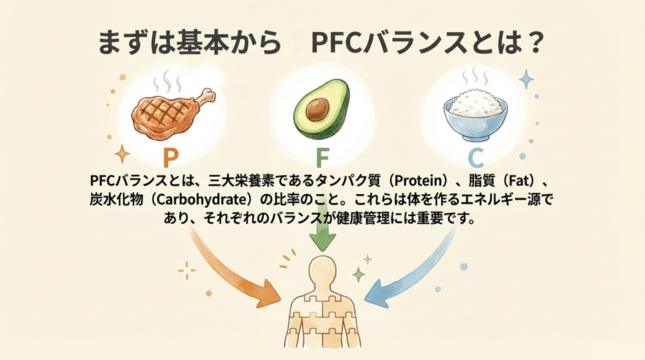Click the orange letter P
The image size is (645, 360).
tap(170, 157)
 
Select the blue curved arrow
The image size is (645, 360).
tap(413, 271)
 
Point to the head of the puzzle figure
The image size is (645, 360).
tap(322, 271)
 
